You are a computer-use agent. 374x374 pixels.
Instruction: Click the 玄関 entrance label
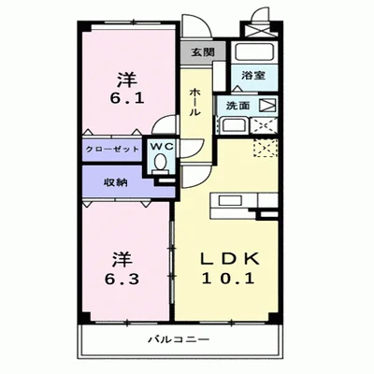point(202,52)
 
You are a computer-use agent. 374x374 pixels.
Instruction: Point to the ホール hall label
point(194,101)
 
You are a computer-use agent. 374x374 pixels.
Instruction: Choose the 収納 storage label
point(115,182)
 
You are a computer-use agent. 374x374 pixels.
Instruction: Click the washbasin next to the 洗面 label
point(234,126)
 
